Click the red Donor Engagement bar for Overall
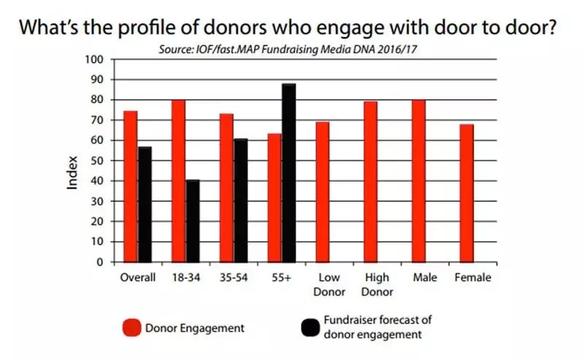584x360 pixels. (x=130, y=186)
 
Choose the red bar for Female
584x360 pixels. (x=467, y=194)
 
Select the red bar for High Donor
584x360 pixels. (x=371, y=182)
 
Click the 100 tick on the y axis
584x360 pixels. (x=96, y=59)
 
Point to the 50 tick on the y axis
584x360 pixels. (x=99, y=161)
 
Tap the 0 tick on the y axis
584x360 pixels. (x=102, y=261)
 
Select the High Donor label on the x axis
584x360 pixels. (x=377, y=284)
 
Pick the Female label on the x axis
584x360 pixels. (x=473, y=277)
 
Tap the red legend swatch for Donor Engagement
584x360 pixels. (x=132, y=328)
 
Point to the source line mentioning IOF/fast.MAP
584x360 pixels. (x=292, y=49)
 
